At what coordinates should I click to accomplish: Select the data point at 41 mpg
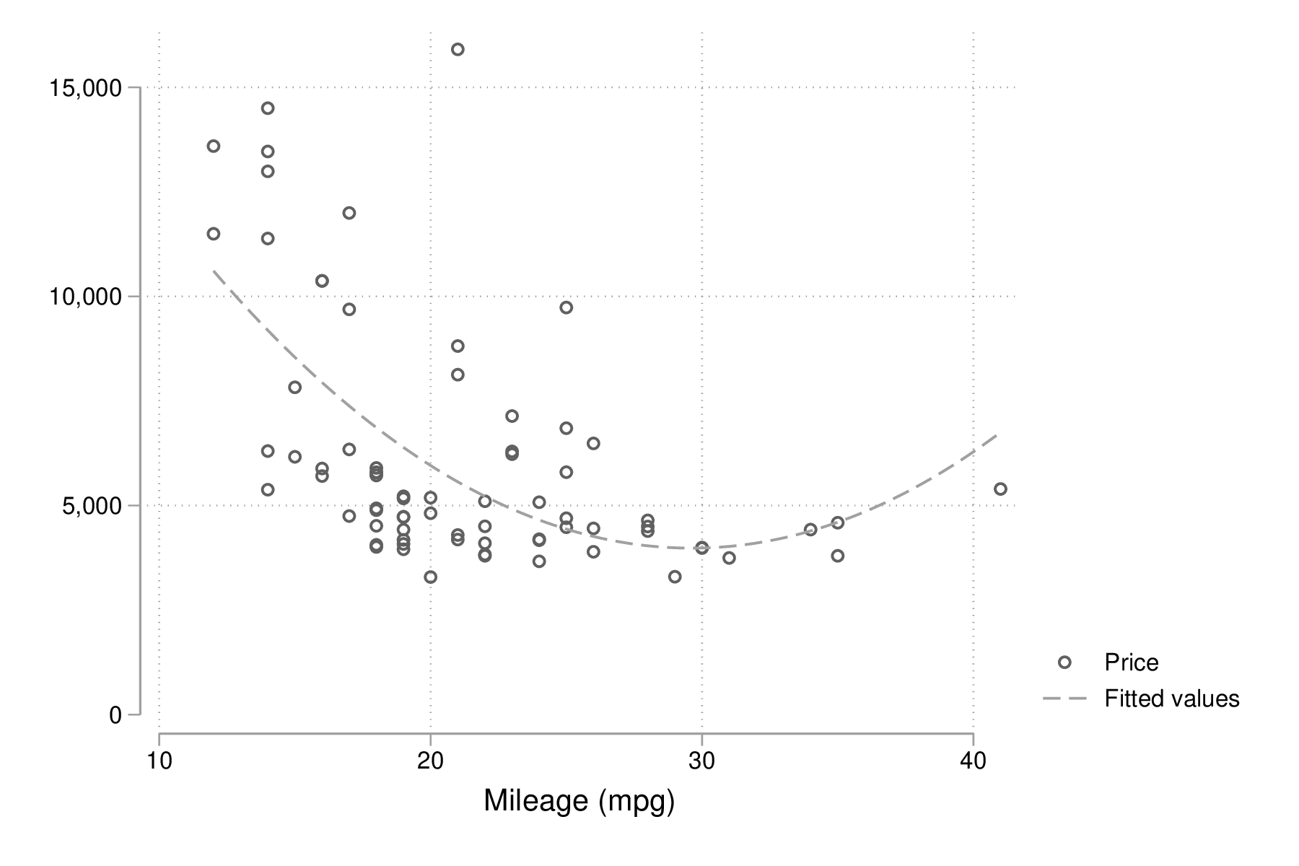[1000, 489]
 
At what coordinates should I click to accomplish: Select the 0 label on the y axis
[115, 714]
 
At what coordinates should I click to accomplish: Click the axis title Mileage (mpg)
[579, 801]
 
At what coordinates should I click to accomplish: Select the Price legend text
[1131, 662]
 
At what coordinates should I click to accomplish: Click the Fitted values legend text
[1171, 699]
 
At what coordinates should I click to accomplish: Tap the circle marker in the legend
[1064, 662]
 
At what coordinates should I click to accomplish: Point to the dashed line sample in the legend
[1064, 699]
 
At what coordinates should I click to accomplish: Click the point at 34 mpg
[810, 530]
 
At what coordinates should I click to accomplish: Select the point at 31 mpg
[729, 558]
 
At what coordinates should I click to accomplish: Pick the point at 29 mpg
[675, 577]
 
